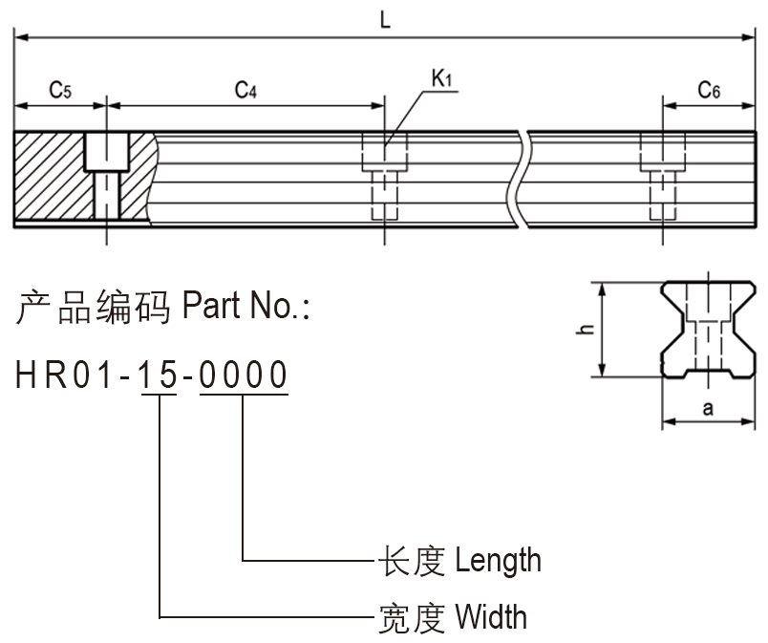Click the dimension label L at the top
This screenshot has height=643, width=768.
385,20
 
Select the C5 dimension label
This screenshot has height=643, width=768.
60,91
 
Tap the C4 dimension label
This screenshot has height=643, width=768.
245,91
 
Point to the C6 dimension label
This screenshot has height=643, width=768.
709,91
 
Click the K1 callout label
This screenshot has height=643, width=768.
441,79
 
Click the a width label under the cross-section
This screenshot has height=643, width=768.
708,409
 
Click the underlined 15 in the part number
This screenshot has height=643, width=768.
159,375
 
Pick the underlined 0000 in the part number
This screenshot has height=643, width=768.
243,375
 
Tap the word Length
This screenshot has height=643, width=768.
498,561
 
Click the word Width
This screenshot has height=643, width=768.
490,616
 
